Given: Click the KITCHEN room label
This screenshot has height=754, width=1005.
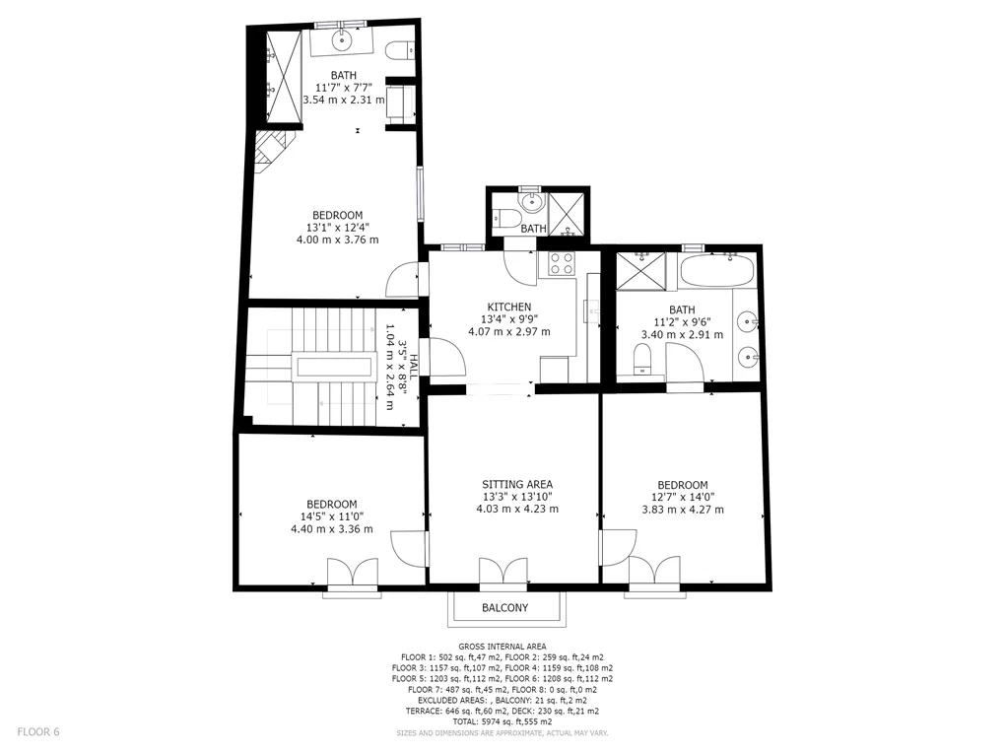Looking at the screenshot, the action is (x=509, y=308).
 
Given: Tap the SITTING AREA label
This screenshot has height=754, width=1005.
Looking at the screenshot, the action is (x=517, y=485).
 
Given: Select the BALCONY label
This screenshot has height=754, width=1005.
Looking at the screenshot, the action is (x=505, y=608).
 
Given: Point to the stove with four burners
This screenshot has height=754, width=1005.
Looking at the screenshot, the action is (x=562, y=263).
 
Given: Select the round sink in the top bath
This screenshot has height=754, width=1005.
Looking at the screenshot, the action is (x=342, y=41).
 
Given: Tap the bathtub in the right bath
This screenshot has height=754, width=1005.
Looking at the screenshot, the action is (x=716, y=271).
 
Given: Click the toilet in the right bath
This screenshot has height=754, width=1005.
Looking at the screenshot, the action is (x=641, y=359).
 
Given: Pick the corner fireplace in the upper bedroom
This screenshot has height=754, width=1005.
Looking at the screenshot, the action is (x=274, y=152).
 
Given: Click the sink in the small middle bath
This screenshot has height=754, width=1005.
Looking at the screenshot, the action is (x=531, y=203).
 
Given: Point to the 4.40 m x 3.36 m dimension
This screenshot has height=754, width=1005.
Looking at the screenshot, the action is (x=331, y=529).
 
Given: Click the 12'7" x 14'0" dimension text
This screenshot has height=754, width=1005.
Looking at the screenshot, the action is (x=683, y=497).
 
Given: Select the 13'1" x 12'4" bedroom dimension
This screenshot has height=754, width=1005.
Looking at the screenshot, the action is (x=338, y=227).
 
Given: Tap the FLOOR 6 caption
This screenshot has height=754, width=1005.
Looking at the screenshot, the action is (x=38, y=731).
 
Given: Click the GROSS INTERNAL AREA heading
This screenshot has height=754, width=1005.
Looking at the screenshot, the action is (x=502, y=647).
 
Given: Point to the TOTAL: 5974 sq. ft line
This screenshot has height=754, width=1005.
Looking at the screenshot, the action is (x=502, y=721).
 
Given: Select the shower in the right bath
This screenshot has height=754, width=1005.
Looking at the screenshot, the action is (x=641, y=271).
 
